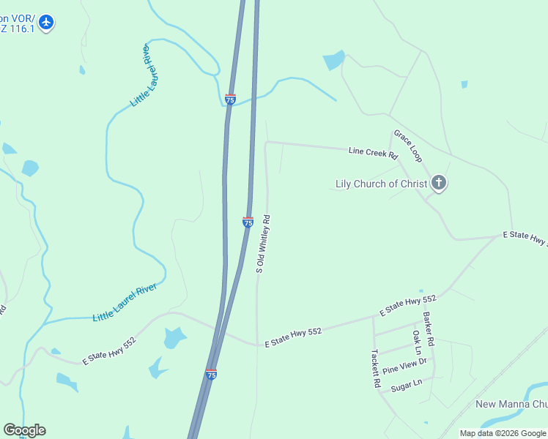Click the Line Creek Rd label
tap(373, 153)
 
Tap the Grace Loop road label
tap(408, 146)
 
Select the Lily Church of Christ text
tap(381, 184)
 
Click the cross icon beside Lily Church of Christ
tap(439, 183)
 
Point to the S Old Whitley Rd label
tap(263, 244)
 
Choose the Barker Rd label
tap(429, 329)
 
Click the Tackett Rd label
tap(375, 367)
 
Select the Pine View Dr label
tap(404, 365)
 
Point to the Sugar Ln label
tap(407, 385)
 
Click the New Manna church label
tap(511, 405)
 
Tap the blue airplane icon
tap(47, 23)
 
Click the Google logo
tap(24, 430)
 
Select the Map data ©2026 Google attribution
tap(502, 433)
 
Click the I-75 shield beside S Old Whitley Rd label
tap(248, 221)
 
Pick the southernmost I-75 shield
tap(211, 374)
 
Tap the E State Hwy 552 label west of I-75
tap(109, 351)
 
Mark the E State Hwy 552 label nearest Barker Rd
tap(408, 306)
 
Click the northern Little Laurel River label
tap(140, 75)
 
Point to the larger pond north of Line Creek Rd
tap(334, 60)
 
